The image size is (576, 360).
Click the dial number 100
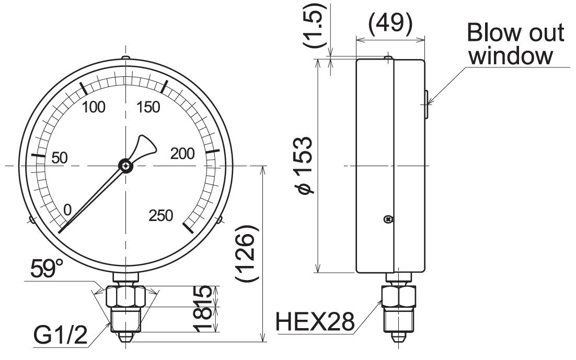click(x=94, y=108)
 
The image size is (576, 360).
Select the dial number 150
click(x=148, y=108)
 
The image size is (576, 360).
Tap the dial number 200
click(x=182, y=154)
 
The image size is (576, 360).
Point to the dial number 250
click(x=160, y=215)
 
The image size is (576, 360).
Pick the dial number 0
click(x=67, y=210)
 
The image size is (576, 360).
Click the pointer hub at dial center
click(x=125, y=166)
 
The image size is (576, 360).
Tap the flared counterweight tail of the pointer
click(x=144, y=145)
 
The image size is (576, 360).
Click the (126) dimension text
click(x=246, y=255)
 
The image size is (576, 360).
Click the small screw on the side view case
click(x=387, y=220)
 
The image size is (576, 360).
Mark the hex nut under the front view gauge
click(x=125, y=297)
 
